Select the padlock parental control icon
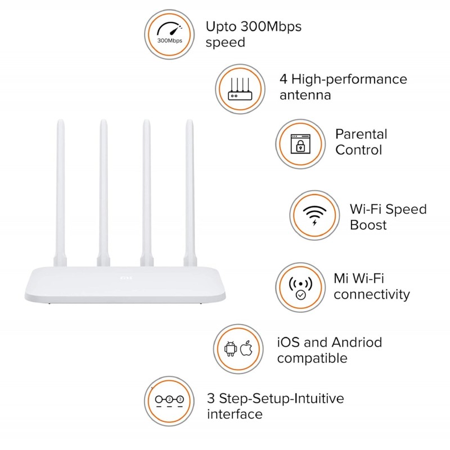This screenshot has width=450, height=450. [x=300, y=143]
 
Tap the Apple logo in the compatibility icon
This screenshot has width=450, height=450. [x=246, y=349]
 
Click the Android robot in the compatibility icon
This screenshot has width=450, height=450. [x=230, y=349]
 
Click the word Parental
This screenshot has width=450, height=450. [x=361, y=134]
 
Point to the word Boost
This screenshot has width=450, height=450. [x=368, y=225]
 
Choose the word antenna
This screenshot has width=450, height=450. [x=305, y=95]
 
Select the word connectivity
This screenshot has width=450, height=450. [x=372, y=294]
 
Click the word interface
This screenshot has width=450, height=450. [x=235, y=415]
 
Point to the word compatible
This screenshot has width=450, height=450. [x=312, y=358]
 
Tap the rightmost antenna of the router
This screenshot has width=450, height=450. [x=190, y=191]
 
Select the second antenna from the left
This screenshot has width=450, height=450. [x=103, y=191]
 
